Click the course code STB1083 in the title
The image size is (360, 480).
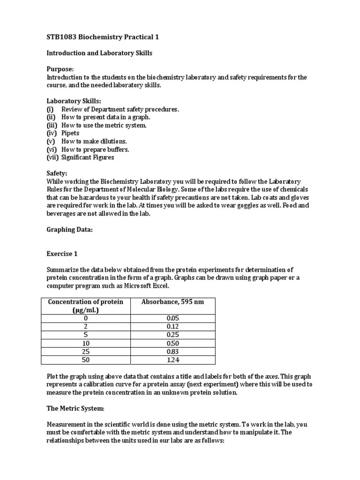click(x=63, y=37)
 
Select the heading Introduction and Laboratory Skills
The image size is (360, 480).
click(x=99, y=53)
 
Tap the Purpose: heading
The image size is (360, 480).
click(x=60, y=69)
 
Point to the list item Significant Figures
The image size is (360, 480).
click(x=88, y=157)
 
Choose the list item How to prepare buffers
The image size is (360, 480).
click(x=95, y=149)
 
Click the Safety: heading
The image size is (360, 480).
click(x=57, y=173)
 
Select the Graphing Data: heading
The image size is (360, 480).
click(x=69, y=230)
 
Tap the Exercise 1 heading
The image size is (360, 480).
click(x=62, y=254)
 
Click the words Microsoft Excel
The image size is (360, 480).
click(x=144, y=285)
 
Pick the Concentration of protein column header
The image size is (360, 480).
click(x=86, y=306)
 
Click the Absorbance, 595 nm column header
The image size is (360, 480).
click(x=172, y=301)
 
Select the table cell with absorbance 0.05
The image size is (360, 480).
click(x=173, y=318)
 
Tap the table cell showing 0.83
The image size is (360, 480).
click(x=173, y=351)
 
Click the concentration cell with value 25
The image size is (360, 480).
click(x=86, y=351)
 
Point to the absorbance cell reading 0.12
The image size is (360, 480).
click(x=173, y=326)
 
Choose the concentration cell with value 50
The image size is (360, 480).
click(x=86, y=360)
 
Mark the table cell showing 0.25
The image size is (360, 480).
click(x=173, y=335)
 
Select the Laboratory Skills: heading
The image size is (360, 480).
click(x=74, y=101)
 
